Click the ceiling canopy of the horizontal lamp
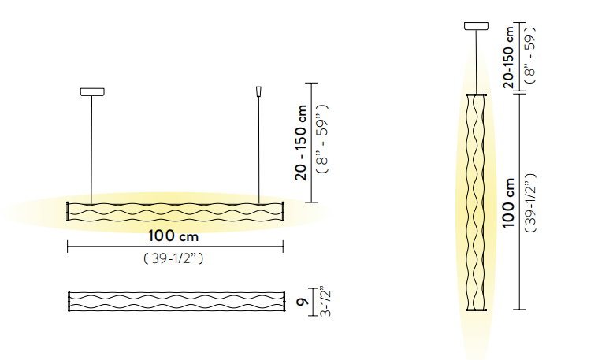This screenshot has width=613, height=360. click(92, 92)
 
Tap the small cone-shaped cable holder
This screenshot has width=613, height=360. click(258, 91)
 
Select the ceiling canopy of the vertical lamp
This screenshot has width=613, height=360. click(476, 26)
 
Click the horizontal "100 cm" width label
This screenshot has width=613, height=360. click(173, 236)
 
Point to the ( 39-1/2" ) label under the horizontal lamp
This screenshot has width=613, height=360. click(173, 258)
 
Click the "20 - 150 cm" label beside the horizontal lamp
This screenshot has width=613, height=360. click(301, 143)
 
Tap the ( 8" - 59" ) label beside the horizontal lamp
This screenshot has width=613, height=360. click(323, 139)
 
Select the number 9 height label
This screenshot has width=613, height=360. click(303, 302)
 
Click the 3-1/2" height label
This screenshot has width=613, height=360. click(325, 303)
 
